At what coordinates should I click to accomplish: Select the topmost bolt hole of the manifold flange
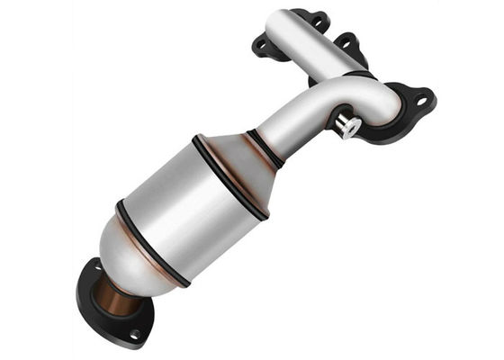(319, 17)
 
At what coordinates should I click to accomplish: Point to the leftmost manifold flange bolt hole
(261, 44)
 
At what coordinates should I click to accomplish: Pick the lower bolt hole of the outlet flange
(134, 334)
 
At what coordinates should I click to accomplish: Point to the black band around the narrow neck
(267, 148)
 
